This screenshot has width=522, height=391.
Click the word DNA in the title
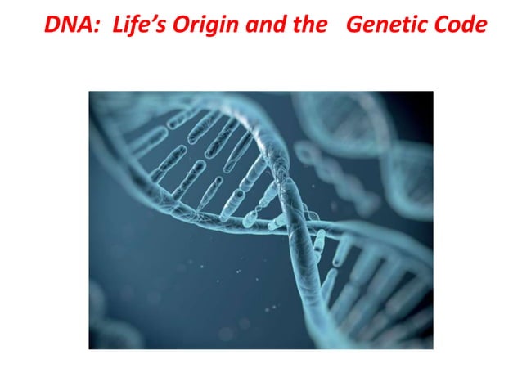point(66,24)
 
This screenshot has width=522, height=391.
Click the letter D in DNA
point(52,24)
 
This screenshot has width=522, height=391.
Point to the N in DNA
point(67,24)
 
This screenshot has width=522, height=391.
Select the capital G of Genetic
point(355,24)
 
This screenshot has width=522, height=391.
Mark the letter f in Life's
point(128,24)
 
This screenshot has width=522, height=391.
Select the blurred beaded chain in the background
point(327,172)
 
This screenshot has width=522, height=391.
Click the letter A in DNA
point(83,24)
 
